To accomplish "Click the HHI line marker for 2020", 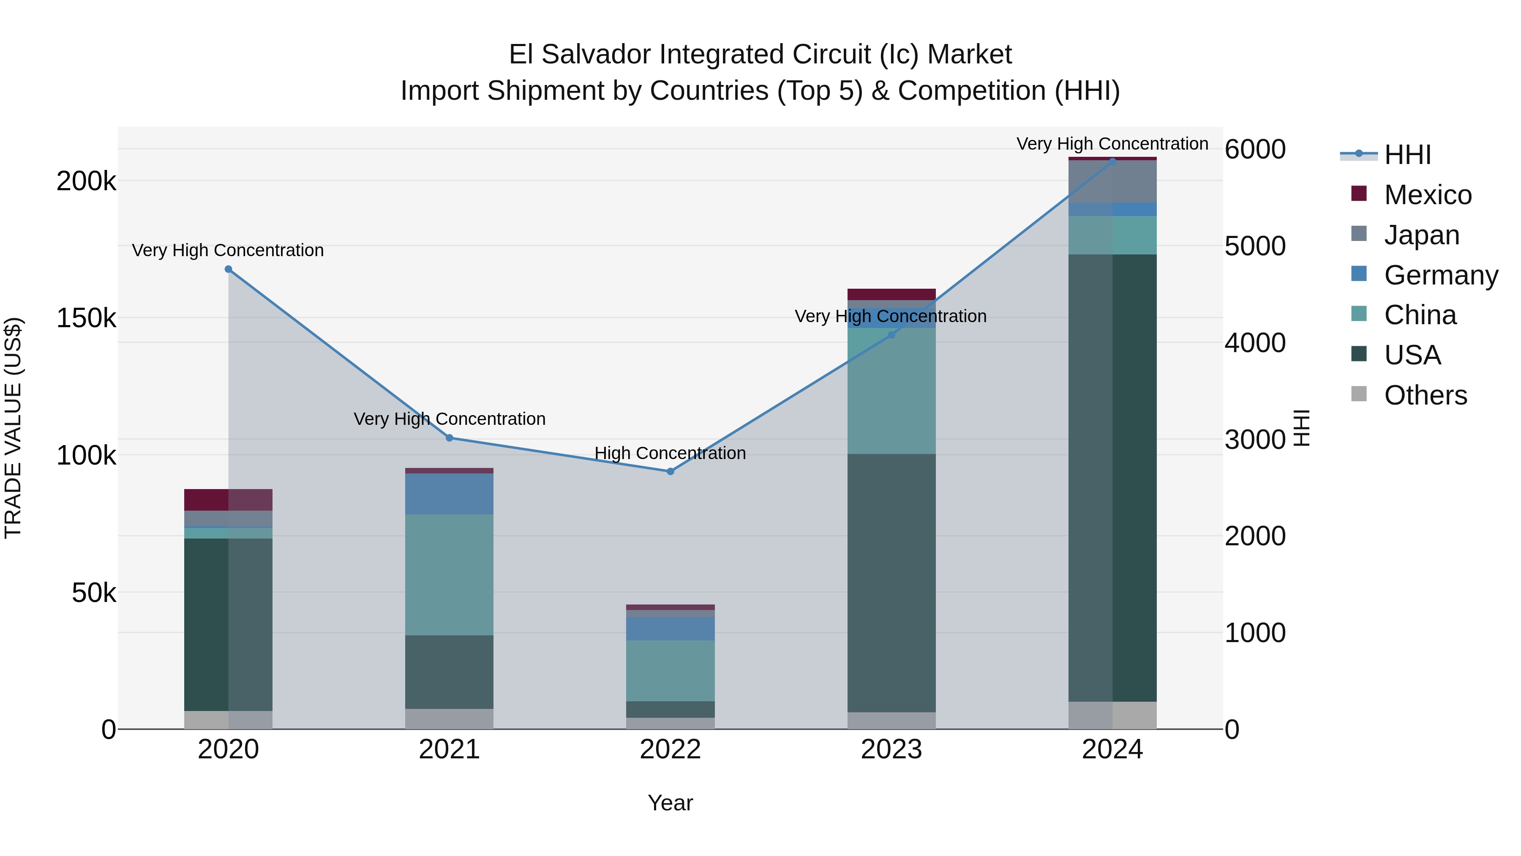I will [229, 269].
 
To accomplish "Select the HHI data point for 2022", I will [670, 471].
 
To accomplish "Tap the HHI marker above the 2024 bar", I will [1112, 161].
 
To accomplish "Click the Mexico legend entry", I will [1427, 195].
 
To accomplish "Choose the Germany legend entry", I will [1440, 275].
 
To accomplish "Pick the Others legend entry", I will [1425, 395].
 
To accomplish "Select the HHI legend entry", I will [1407, 155].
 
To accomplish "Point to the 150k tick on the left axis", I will [86, 318].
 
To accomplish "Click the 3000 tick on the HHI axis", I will [1255, 440].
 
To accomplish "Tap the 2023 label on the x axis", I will [891, 749].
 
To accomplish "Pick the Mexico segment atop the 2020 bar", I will [229, 500].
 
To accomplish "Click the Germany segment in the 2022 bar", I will [670, 629].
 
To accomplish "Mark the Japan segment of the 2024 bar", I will [1112, 182].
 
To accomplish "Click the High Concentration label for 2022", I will [670, 453].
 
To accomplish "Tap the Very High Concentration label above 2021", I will [450, 419].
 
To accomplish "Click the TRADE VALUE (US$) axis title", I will [14, 428].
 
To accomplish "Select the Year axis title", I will [670, 803].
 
